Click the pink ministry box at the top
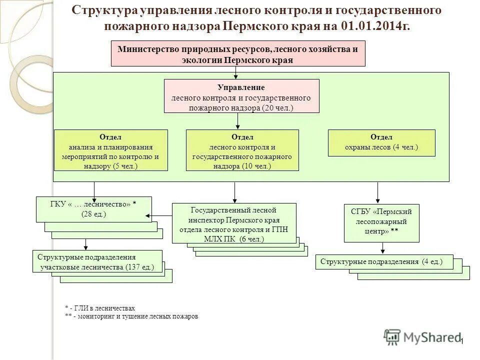click(237, 54)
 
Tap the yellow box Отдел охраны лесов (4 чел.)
click(381, 143)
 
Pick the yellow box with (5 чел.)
click(110, 150)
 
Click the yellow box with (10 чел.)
click(242, 150)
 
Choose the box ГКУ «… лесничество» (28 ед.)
click(93, 209)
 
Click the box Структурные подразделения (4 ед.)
click(384, 262)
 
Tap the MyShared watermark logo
click(422, 337)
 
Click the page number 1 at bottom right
click(462, 341)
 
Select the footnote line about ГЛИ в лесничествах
click(100, 308)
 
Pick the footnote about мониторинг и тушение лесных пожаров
click(131, 316)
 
